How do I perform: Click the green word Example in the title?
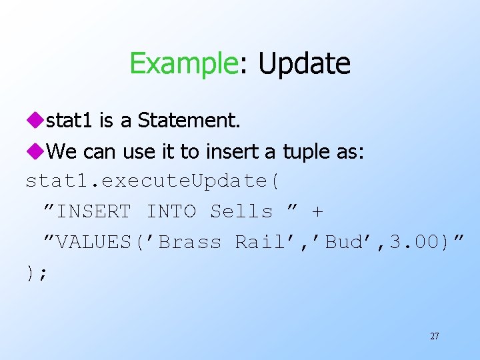pyautogui.click(x=183, y=64)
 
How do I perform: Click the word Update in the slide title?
pyautogui.click(x=304, y=64)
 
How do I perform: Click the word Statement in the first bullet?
pyautogui.click(x=189, y=120)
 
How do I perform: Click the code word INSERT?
pyautogui.click(x=94, y=212)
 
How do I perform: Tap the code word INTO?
pyautogui.click(x=171, y=212)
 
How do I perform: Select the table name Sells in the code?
pyautogui.click(x=241, y=212)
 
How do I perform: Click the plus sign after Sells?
pyautogui.click(x=317, y=212)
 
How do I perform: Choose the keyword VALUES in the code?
pyautogui.click(x=96, y=242)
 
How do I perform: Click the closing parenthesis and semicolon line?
pyautogui.click(x=37, y=274)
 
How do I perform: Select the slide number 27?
pyautogui.click(x=434, y=337)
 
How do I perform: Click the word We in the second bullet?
pyautogui.click(x=63, y=152)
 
